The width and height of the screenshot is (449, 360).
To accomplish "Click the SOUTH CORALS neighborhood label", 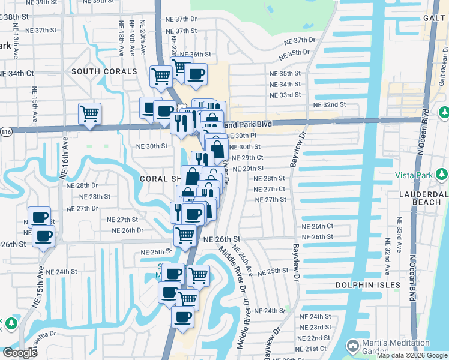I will pos(104,71).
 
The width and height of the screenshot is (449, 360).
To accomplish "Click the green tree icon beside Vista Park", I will pos(442,175).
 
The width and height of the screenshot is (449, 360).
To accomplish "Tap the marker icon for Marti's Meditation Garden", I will pos(353,346).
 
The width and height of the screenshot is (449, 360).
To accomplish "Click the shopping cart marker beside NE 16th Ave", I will pos(89,112).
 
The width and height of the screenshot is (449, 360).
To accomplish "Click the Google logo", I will pos(20,352).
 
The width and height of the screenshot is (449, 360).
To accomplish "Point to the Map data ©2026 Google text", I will pos(412,355).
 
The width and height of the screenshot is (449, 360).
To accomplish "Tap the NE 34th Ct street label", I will pos(17,73).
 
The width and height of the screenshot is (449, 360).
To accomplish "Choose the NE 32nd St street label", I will pos(330,104).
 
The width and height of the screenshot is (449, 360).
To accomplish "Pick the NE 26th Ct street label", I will pos(318,226).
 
